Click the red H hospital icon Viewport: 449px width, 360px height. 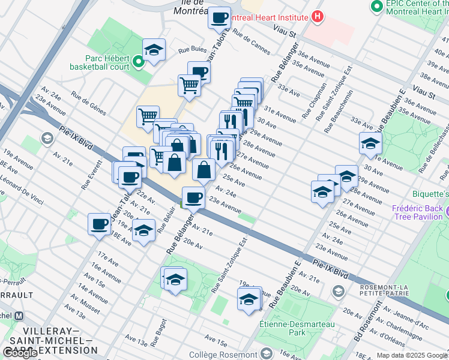pos(318,17)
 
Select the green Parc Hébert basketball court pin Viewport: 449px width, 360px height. pos(137,61)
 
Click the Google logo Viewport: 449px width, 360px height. pos(20,353)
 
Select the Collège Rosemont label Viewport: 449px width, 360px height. pos(223,355)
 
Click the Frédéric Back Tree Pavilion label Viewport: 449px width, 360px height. pos(417,212)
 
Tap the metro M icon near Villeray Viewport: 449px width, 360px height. pos(19,316)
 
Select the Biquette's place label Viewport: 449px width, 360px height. pos(430,194)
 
